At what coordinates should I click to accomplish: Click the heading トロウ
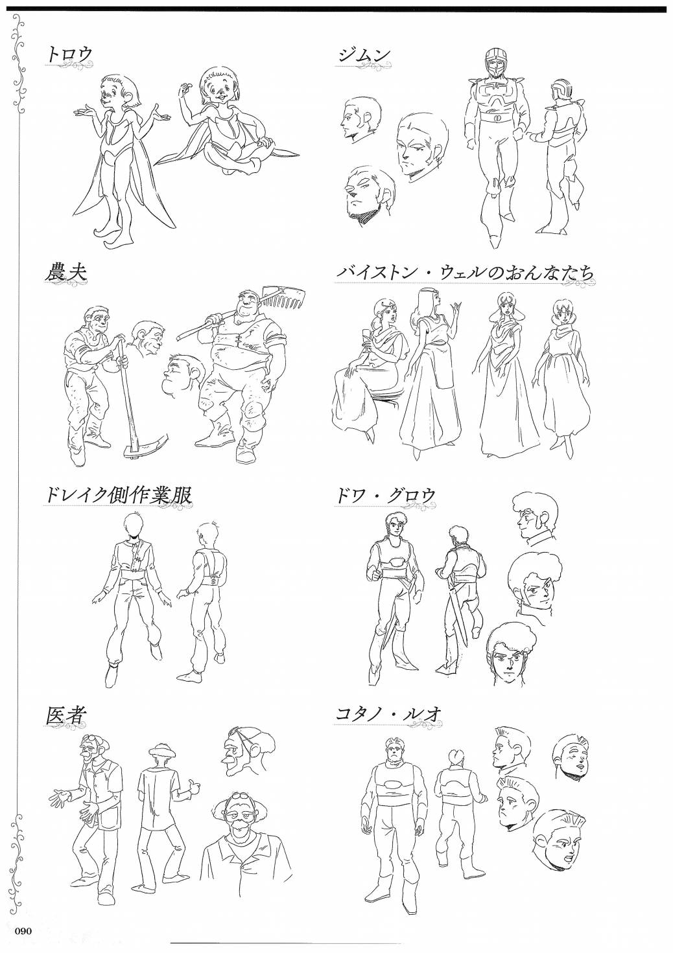click(69, 54)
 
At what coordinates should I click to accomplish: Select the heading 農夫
click(65, 271)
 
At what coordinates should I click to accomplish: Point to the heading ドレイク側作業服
click(118, 495)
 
